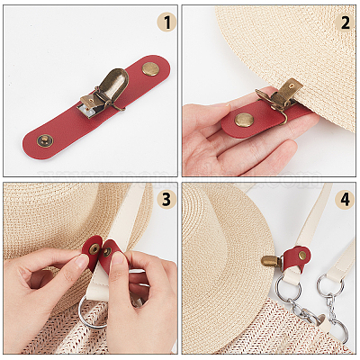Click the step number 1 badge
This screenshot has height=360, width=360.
tap(166, 22)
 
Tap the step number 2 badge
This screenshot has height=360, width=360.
tap(345, 22)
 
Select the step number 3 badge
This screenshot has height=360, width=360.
tap(166, 200)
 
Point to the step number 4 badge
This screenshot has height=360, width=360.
tap(345, 200)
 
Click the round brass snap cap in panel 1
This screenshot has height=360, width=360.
tap(149, 69)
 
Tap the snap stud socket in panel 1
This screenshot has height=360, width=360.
tap(45, 140)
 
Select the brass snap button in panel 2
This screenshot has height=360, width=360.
tap(243, 120)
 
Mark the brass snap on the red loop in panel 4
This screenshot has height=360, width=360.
tap(302, 256)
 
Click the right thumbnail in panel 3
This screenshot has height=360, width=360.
tap(118, 259)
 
